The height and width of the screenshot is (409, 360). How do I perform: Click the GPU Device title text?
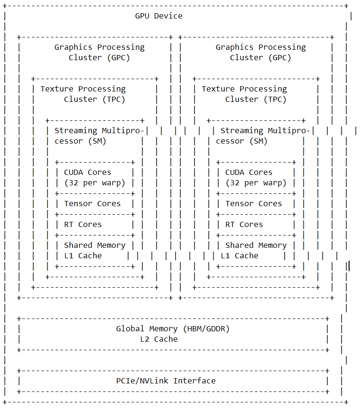158,16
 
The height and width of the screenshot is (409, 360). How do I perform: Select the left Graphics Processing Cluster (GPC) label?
99,52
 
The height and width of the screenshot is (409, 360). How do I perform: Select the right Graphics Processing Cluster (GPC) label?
260,52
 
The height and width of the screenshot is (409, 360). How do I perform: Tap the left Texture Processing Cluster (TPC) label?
83,94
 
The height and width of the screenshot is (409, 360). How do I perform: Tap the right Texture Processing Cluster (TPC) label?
244,94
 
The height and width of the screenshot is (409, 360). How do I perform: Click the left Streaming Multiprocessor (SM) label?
100,136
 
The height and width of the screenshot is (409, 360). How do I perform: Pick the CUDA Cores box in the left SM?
94,178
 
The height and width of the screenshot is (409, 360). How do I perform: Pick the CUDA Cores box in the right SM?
256,178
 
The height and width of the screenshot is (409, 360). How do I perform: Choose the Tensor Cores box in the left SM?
92,204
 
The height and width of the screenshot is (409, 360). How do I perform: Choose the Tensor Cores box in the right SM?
254,204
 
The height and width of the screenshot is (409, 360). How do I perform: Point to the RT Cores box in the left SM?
83,225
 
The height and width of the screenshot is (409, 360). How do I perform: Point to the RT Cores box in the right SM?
244,225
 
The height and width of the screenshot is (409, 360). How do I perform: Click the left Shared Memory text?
95,245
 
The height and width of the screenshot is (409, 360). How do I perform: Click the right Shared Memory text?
256,245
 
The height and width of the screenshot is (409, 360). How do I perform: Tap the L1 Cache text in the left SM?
83,256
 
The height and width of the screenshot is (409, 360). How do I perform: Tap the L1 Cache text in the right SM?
240,256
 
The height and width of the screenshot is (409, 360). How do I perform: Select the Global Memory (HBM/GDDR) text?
173,329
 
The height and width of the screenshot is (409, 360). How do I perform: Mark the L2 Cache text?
159,339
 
